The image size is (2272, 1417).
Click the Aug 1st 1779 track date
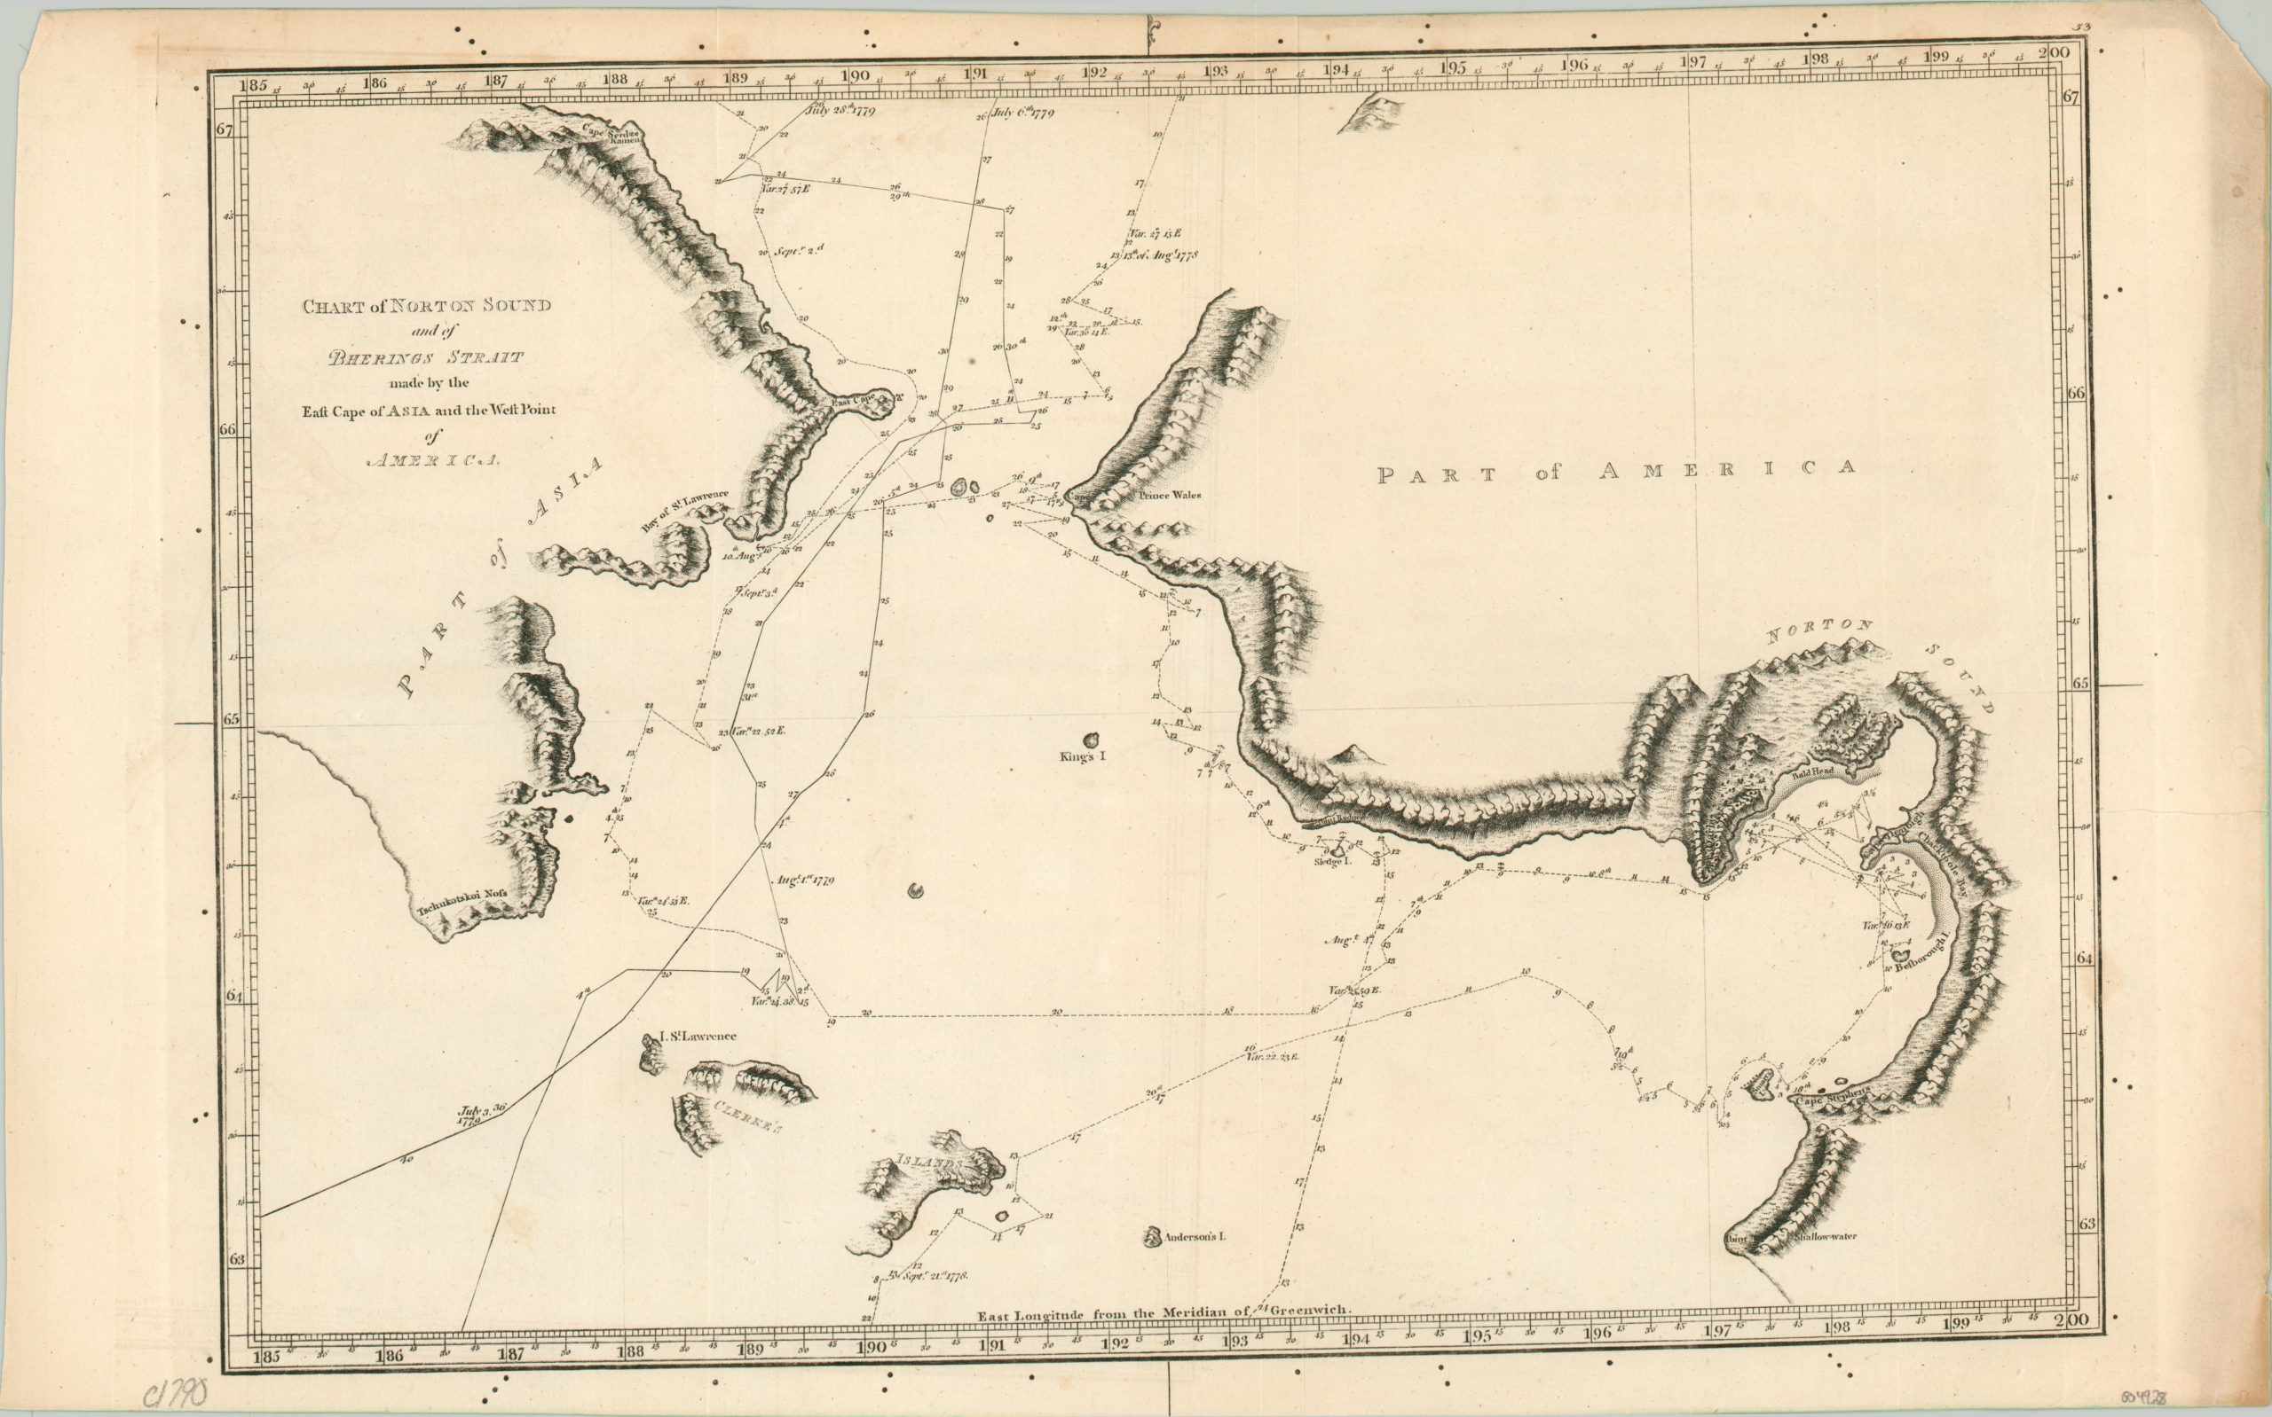(x=806, y=880)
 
